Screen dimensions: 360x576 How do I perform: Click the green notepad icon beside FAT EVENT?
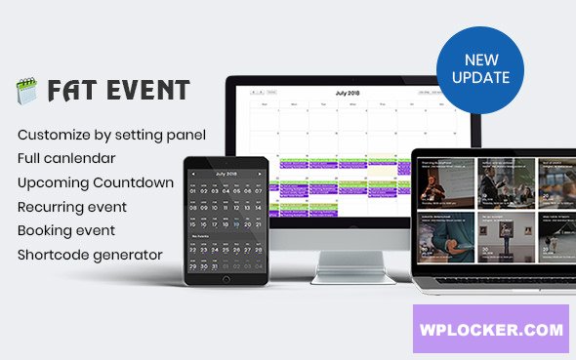pyautogui.click(x=26, y=92)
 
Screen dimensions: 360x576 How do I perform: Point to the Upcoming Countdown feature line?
pyautogui.click(x=96, y=181)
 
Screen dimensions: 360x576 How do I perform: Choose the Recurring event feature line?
pyautogui.click(x=71, y=207)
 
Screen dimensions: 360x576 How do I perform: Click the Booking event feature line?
pyautogui.click(x=66, y=231)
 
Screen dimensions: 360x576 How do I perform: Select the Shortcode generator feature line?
pyautogui.click(x=89, y=256)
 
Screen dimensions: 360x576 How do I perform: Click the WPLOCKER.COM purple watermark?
pyautogui.click(x=488, y=330)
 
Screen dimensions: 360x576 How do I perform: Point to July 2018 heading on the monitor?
pyautogui.click(x=347, y=93)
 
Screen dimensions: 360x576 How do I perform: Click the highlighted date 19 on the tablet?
pyautogui.click(x=236, y=223)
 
